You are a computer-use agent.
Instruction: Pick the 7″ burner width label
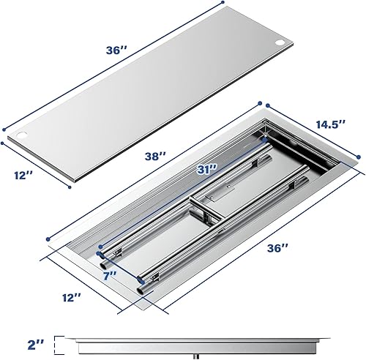111,276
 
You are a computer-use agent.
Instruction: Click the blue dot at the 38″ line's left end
49,237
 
